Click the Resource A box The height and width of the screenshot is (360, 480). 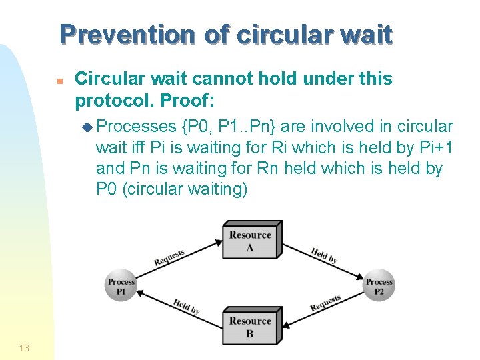pos(251,241)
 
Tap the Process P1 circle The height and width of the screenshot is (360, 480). pos(121,286)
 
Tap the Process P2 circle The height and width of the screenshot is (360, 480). pos(379,286)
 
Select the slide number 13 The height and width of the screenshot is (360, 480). pos(24,347)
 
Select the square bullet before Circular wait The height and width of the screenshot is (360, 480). pos(59,81)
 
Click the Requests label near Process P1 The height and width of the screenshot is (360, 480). pos(169,258)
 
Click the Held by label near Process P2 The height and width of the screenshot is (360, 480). pos(325,255)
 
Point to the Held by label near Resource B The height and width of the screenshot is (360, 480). pos(186,306)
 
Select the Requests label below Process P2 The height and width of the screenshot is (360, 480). pos(326,303)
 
